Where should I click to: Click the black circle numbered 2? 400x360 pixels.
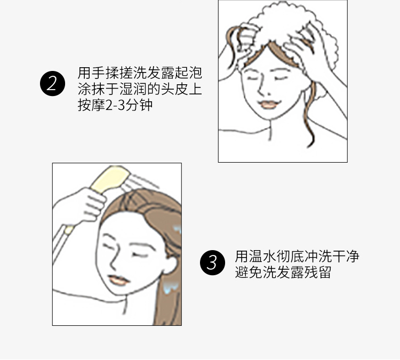(x=53, y=83)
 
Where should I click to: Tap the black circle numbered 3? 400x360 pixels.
(x=212, y=262)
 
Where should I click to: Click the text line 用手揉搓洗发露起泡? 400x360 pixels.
(x=140, y=73)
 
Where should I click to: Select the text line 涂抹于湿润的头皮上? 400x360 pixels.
(x=140, y=89)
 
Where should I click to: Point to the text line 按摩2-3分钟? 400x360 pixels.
(x=115, y=105)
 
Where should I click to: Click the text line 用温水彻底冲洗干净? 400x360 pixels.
(x=297, y=256)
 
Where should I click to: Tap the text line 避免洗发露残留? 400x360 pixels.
(x=283, y=272)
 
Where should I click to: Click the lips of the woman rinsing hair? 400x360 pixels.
(x=118, y=280)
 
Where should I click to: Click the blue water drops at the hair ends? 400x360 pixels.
(x=171, y=287)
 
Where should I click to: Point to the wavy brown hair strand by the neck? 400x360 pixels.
(x=310, y=115)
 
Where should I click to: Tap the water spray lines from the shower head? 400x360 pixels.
(x=139, y=181)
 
